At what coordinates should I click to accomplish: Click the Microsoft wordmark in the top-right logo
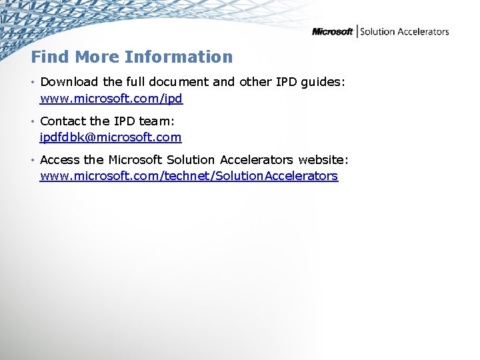pos(332,31)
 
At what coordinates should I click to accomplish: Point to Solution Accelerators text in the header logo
pos(404,31)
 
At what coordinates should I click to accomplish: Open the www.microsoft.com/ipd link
pos(111,99)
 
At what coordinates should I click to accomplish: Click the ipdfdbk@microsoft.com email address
pos(111,137)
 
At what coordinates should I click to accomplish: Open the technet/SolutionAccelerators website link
pos(189,176)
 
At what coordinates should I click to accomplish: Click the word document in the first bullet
pos(179,82)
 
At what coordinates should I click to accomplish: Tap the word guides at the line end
pos(323,82)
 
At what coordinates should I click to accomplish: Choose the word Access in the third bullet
pos(60,159)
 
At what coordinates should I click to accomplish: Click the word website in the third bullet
pos(323,159)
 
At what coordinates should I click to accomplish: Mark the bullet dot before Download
pos(33,83)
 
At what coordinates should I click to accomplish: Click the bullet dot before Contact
pos(33,121)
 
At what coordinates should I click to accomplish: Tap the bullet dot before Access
pos(33,160)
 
